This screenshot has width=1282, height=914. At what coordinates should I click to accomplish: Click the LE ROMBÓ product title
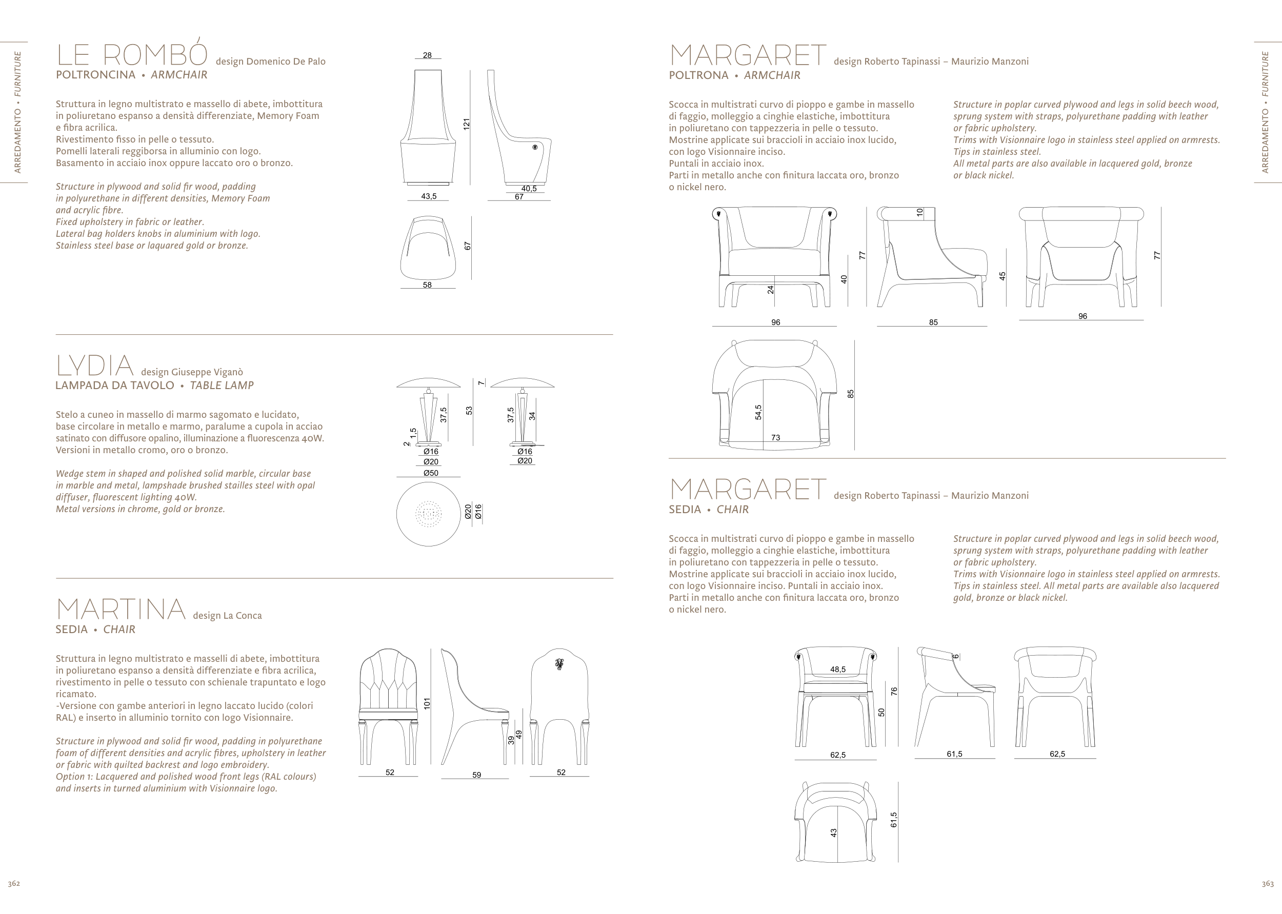point(132,55)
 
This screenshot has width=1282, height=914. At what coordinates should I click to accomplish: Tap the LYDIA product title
point(94,366)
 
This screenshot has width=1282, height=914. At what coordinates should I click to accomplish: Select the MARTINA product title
point(121,610)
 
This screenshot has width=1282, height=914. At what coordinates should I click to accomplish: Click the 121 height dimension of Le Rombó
point(466,125)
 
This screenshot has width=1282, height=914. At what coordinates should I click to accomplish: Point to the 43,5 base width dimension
point(429,196)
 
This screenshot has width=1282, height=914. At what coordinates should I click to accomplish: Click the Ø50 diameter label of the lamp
point(431,473)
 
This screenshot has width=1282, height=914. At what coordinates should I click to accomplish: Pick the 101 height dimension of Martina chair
point(427,703)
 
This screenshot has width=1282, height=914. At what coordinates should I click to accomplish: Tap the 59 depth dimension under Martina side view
point(476,775)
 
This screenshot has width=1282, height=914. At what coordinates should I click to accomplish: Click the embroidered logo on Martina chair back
point(559,665)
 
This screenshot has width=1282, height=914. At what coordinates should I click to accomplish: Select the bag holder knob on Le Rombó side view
point(534,147)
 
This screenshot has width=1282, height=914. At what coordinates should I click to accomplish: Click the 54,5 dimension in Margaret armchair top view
point(758,412)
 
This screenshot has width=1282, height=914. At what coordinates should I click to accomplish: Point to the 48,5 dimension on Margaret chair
point(837,669)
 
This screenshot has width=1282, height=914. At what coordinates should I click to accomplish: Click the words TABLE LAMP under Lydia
point(222,385)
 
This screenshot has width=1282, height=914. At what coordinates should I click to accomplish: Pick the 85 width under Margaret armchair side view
point(933,322)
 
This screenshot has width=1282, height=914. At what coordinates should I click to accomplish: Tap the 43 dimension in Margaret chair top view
point(834,832)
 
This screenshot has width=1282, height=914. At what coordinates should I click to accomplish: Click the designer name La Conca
point(243,616)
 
